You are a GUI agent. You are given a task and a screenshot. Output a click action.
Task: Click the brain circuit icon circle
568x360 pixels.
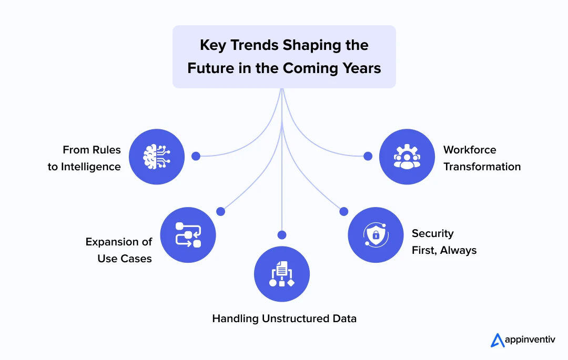point(157,157)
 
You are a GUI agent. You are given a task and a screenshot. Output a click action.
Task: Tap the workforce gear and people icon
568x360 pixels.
point(407,157)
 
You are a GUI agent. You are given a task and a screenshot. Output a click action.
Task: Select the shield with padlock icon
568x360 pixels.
point(376,234)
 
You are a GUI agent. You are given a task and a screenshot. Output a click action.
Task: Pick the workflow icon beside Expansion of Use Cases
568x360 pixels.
point(188,234)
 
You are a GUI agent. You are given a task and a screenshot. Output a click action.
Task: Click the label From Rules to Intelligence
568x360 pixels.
point(85,158)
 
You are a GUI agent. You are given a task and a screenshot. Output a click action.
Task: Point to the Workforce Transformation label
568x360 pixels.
point(482,158)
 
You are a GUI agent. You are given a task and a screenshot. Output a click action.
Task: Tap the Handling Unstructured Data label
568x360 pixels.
point(284,318)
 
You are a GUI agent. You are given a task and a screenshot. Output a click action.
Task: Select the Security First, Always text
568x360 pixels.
point(444,242)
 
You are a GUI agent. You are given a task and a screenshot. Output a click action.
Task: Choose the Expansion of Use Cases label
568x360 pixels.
point(119,250)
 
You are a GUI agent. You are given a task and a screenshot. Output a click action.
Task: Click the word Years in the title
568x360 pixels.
point(361,68)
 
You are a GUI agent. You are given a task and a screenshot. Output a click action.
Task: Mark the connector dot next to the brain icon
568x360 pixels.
point(196,156)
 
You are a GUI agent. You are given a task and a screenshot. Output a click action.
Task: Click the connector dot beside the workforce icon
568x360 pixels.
point(368,156)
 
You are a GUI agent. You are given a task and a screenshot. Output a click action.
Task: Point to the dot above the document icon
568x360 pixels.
point(282,234)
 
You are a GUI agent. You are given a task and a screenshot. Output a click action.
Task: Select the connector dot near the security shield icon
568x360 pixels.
point(344,211)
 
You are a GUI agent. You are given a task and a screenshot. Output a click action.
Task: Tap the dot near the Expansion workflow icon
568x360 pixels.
point(221,211)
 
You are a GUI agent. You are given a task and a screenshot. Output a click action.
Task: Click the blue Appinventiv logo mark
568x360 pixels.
point(497,340)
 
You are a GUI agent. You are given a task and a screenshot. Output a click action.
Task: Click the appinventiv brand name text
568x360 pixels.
point(530,341)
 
